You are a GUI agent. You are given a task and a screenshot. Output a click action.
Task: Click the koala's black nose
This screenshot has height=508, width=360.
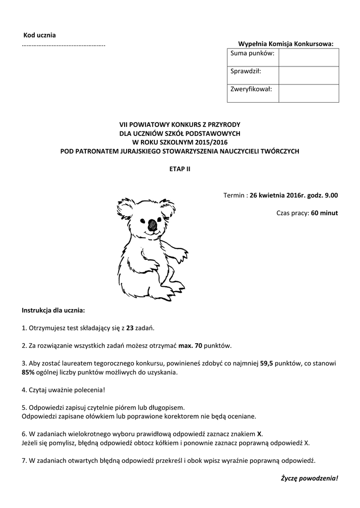152,223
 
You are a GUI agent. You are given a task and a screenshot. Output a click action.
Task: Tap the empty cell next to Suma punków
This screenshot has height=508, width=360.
308,57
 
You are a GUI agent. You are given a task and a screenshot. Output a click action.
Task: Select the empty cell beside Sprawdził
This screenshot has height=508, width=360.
308,75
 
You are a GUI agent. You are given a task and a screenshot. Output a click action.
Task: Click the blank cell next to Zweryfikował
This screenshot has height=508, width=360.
308,93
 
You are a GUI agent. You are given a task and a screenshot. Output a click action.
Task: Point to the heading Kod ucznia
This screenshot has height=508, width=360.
40,35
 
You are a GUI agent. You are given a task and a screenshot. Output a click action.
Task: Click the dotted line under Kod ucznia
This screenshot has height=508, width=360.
64,45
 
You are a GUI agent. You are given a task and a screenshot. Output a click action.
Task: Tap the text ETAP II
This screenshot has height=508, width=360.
180,169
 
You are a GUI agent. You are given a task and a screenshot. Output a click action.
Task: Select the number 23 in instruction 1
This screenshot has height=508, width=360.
131,328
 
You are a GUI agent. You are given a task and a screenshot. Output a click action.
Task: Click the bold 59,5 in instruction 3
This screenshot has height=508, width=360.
268,363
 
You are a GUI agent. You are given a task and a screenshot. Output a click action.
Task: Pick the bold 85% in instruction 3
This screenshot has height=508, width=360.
28,372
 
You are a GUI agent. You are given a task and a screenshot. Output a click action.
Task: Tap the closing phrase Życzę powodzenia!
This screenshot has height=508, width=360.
309,479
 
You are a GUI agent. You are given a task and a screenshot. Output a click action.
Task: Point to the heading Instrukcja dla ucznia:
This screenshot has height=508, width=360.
54,311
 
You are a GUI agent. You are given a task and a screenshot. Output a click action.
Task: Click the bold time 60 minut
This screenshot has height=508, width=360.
324,213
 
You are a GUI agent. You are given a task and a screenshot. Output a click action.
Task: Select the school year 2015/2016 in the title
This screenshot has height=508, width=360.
203,142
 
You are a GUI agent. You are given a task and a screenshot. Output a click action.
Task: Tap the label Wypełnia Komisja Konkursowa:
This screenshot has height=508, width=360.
286,44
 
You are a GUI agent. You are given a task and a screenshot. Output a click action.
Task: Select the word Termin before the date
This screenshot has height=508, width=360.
234,195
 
